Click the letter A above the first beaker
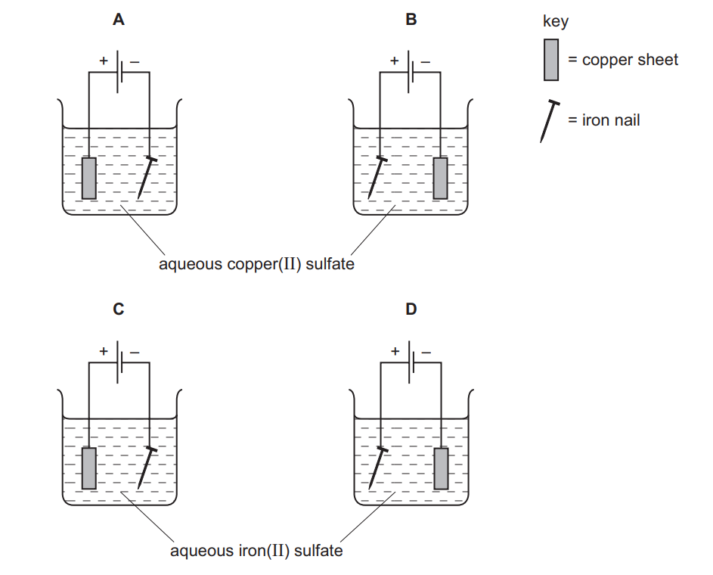point(119,20)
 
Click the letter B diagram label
point(411,20)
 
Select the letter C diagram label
point(119,309)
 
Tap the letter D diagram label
point(411,309)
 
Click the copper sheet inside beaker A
point(89,178)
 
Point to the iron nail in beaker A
point(146,179)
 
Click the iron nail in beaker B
point(376,179)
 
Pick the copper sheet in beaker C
point(89,468)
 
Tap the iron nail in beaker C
point(146,468)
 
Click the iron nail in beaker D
point(376,468)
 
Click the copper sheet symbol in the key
point(550,60)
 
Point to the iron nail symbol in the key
point(548,121)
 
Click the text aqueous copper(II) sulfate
point(256,265)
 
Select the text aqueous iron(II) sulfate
point(256,551)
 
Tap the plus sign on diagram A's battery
point(104,61)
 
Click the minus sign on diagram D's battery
point(426,352)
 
